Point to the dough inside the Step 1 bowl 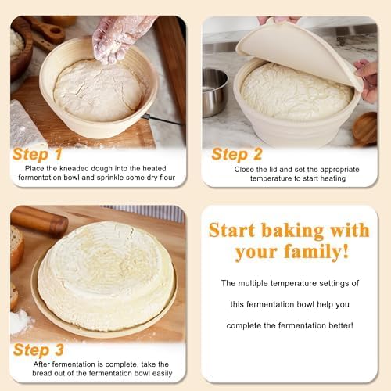coord(99,90)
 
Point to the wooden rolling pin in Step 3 coord(39,221)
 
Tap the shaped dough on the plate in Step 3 coord(106,274)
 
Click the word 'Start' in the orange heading coord(239,230)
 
